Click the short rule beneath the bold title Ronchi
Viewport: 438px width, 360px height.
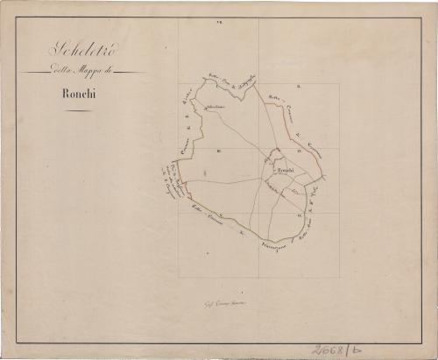point(76,111)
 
